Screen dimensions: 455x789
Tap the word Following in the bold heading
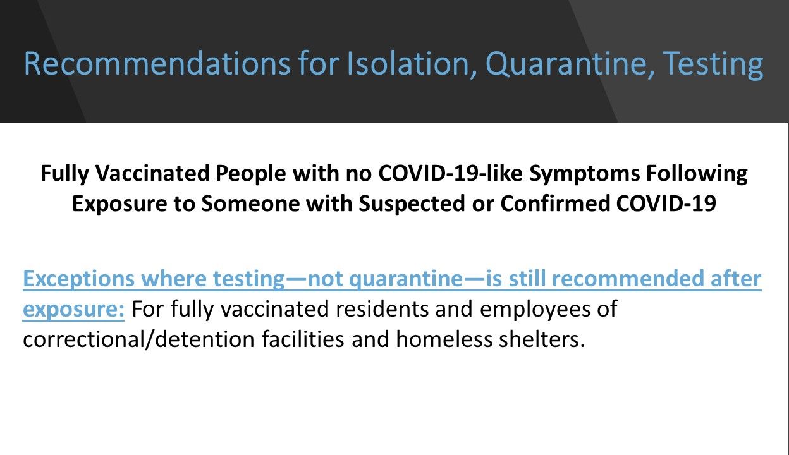tap(698, 174)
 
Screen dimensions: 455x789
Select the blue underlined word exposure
tap(73, 309)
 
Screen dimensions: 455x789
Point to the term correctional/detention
tap(138, 339)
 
